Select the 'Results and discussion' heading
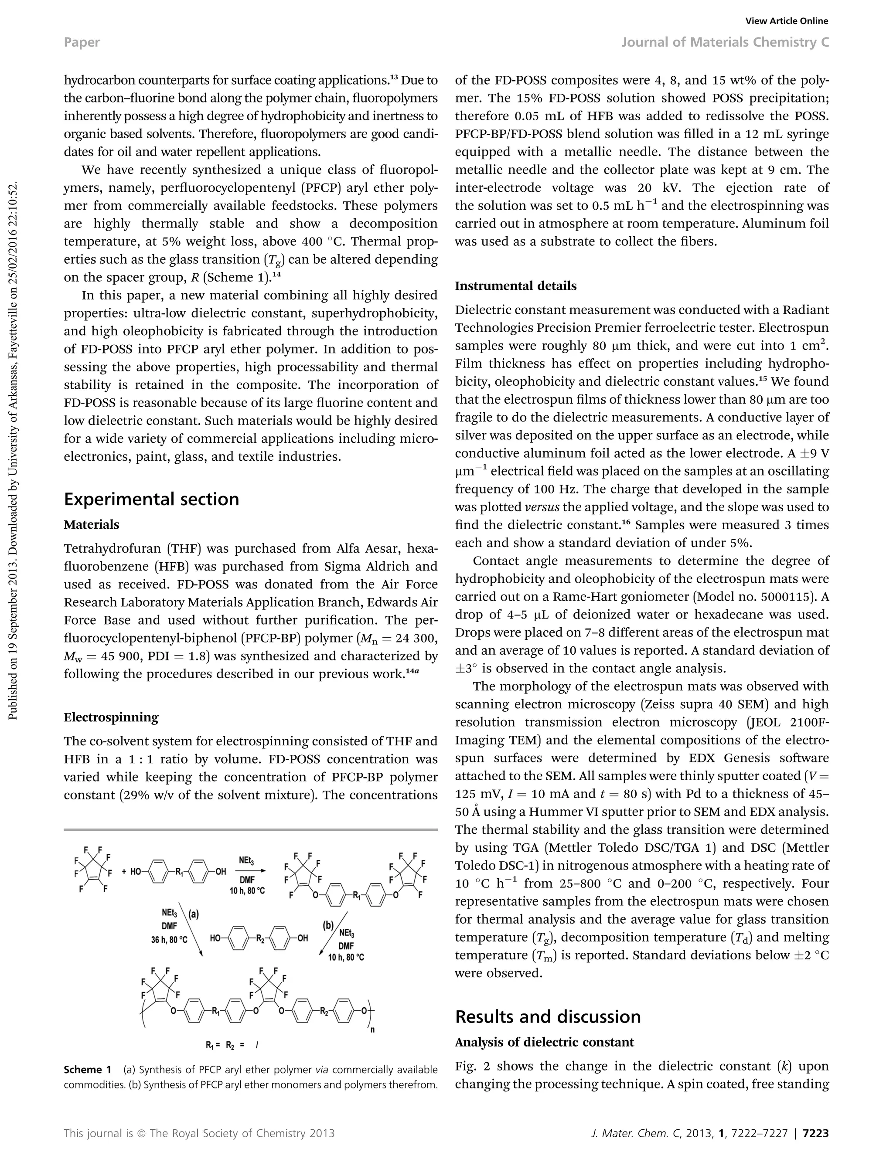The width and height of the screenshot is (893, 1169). [x=548, y=1016]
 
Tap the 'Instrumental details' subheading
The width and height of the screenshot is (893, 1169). [x=515, y=286]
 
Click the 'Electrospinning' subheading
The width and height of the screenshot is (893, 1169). [x=111, y=717]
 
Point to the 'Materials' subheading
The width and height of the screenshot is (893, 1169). [x=92, y=524]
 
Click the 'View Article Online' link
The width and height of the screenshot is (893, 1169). [x=787, y=21]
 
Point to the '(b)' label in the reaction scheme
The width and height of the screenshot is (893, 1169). [x=328, y=925]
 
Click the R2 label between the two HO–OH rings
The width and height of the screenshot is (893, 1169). [x=260, y=938]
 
